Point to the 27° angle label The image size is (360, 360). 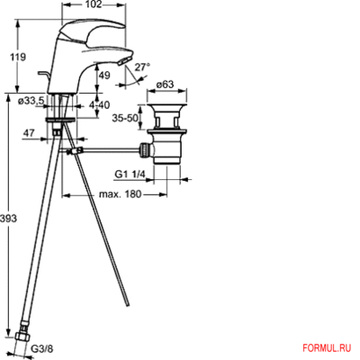142,67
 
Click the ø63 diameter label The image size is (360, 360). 164,87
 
